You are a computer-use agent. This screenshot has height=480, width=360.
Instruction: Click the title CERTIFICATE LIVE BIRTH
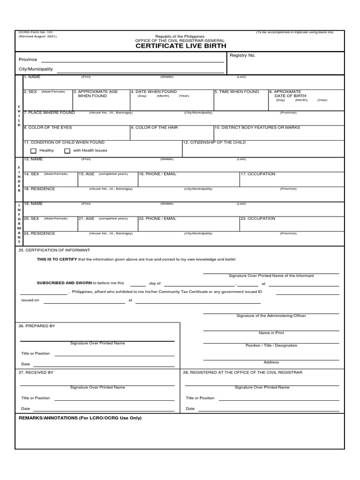(180, 46)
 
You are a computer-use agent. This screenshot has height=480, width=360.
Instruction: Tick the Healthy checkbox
(33, 151)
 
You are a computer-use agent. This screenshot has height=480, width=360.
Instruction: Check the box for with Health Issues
(67, 151)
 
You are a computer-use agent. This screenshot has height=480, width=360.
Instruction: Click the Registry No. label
(242, 55)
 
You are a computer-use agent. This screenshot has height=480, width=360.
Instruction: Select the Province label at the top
(28, 60)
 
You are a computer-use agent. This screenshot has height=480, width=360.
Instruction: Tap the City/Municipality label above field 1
(36, 69)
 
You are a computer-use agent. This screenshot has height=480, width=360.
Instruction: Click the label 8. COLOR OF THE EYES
(48, 127)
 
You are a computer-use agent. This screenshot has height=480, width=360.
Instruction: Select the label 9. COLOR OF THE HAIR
(154, 127)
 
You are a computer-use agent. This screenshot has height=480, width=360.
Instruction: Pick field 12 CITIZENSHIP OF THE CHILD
(214, 142)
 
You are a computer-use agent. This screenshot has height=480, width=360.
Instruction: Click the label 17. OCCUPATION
(258, 174)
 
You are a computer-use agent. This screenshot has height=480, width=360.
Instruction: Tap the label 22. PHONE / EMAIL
(157, 218)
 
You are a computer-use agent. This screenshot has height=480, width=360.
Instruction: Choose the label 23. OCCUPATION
(258, 218)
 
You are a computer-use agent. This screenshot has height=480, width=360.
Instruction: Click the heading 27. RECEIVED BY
(36, 372)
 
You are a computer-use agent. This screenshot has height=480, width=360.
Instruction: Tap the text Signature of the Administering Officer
(271, 316)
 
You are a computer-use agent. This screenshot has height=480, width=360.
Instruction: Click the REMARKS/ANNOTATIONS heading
(80, 418)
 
